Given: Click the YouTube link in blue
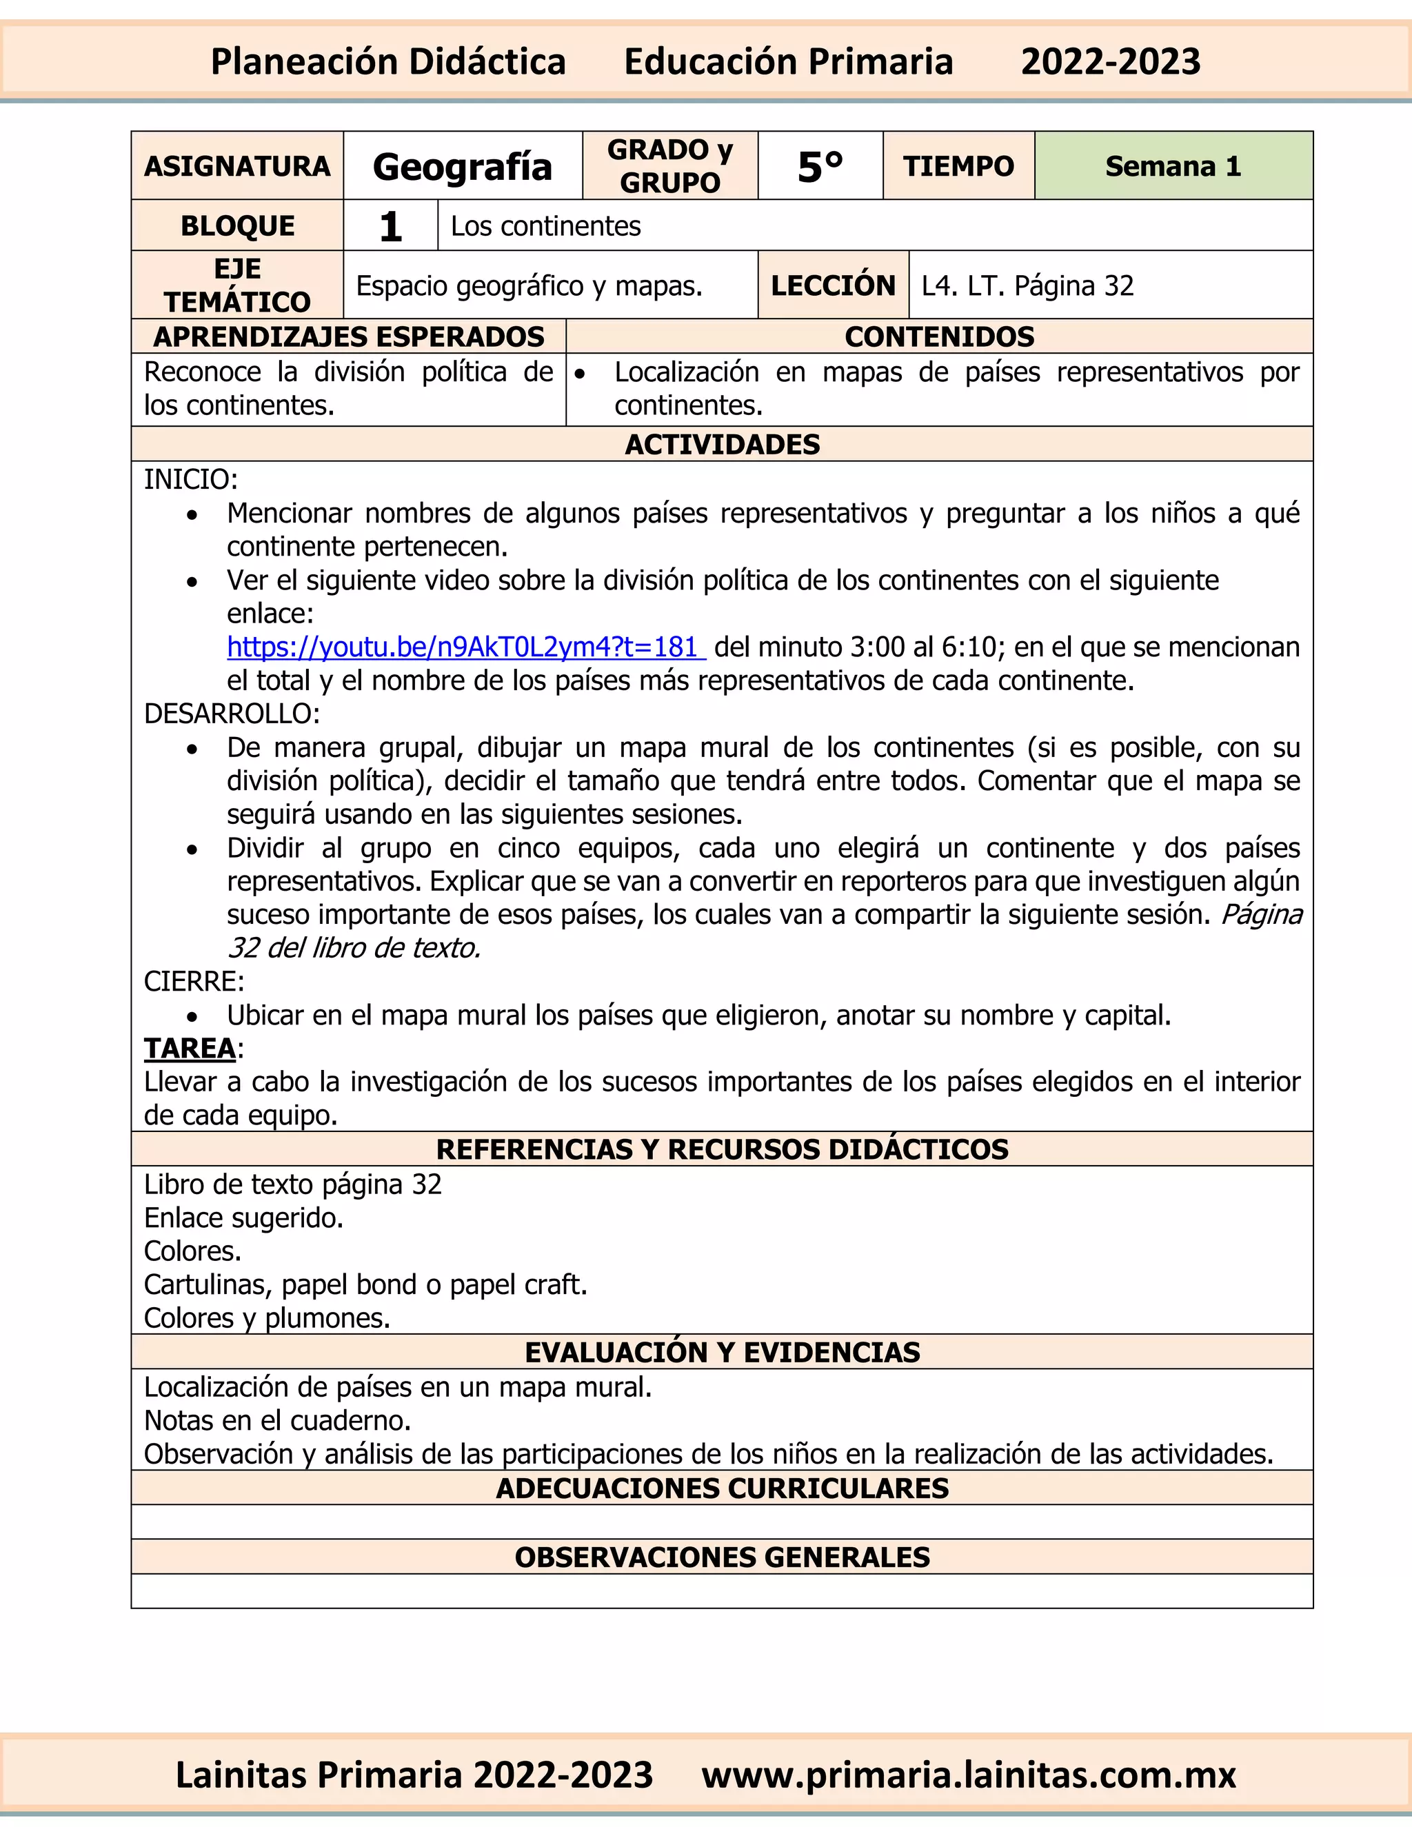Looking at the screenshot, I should (465, 647).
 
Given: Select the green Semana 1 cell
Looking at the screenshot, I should (1173, 165).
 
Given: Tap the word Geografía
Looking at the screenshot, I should (463, 165).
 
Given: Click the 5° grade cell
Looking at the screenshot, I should (820, 165).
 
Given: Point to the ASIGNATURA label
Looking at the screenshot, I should (238, 165).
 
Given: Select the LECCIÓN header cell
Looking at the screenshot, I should (832, 285).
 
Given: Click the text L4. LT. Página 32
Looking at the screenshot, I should (1027, 285).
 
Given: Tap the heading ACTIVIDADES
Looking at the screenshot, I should (722, 444).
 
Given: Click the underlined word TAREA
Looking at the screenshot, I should (190, 1048).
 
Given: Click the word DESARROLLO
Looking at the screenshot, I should (232, 714).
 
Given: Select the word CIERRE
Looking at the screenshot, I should (193, 981).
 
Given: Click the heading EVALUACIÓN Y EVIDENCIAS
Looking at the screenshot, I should (722, 1352).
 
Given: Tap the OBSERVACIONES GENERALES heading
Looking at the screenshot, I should (722, 1557).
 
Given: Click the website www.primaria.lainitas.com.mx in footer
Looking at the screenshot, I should (969, 1775).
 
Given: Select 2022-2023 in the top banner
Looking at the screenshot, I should (1110, 62).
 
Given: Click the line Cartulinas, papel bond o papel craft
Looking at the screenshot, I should (365, 1284).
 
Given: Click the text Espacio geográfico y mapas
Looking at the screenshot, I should (529, 285).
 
